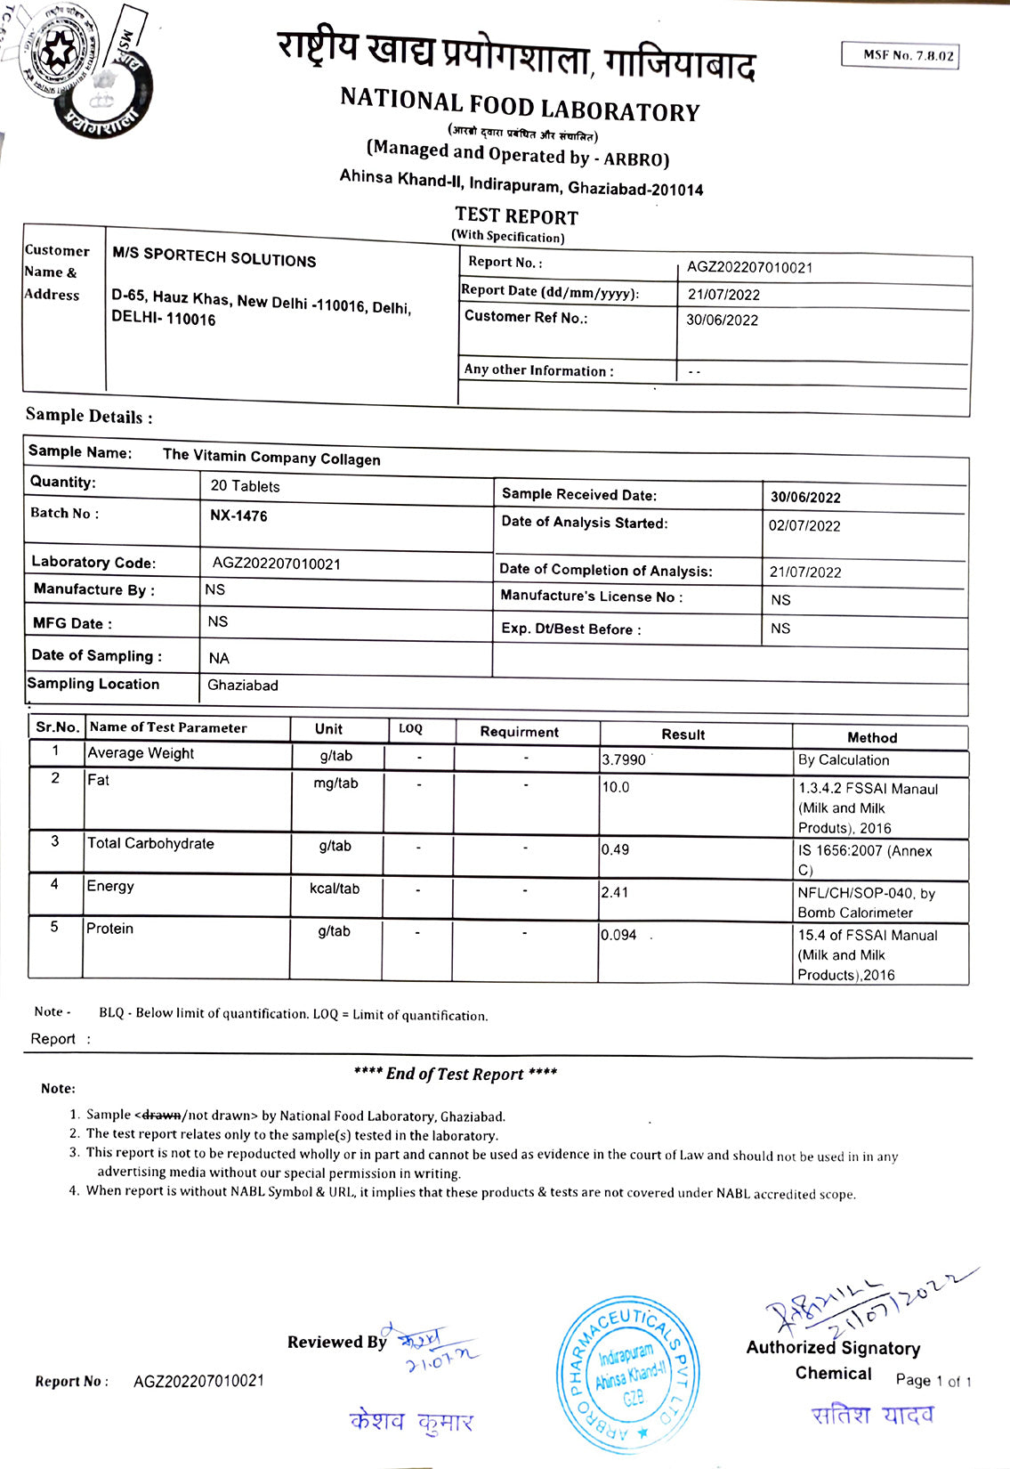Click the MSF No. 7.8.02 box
pyautogui.click(x=900, y=55)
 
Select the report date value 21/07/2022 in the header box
pyautogui.click(x=723, y=295)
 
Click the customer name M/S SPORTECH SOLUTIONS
pyautogui.click(x=214, y=258)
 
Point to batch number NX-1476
pyautogui.click(x=238, y=516)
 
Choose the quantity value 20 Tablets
pyautogui.click(x=245, y=487)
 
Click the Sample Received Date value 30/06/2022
pyautogui.click(x=805, y=498)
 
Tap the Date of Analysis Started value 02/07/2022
pyautogui.click(x=804, y=526)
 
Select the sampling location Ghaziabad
pyautogui.click(x=242, y=686)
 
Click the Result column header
pyautogui.click(x=683, y=734)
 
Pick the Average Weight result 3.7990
pyautogui.click(x=624, y=760)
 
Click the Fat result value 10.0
pyautogui.click(x=616, y=788)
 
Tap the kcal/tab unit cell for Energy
pyautogui.click(x=335, y=889)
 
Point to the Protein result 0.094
pyautogui.click(x=618, y=935)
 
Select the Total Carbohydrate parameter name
pyautogui.click(x=150, y=844)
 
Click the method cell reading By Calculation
pyautogui.click(x=843, y=760)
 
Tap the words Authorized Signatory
pyautogui.click(x=833, y=1348)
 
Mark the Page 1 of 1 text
pyautogui.click(x=933, y=1381)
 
